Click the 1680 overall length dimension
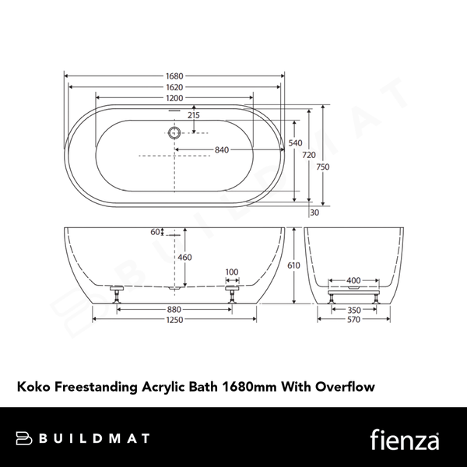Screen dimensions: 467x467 click(174, 76)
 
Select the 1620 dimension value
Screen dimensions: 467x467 click(174, 88)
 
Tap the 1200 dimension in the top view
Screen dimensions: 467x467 click(174, 99)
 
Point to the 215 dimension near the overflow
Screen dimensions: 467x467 click(193, 115)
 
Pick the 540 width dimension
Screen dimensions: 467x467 click(295, 143)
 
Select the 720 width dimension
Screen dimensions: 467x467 click(309, 155)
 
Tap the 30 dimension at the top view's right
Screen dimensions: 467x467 click(314, 212)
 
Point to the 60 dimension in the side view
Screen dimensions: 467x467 click(156, 231)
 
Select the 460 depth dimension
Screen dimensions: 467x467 click(184, 257)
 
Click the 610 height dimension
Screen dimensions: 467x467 click(293, 265)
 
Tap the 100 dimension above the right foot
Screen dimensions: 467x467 click(231, 272)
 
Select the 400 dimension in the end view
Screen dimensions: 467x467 click(353, 279)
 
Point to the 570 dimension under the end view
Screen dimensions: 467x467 click(353, 318)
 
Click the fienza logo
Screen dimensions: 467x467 click(405, 437)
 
